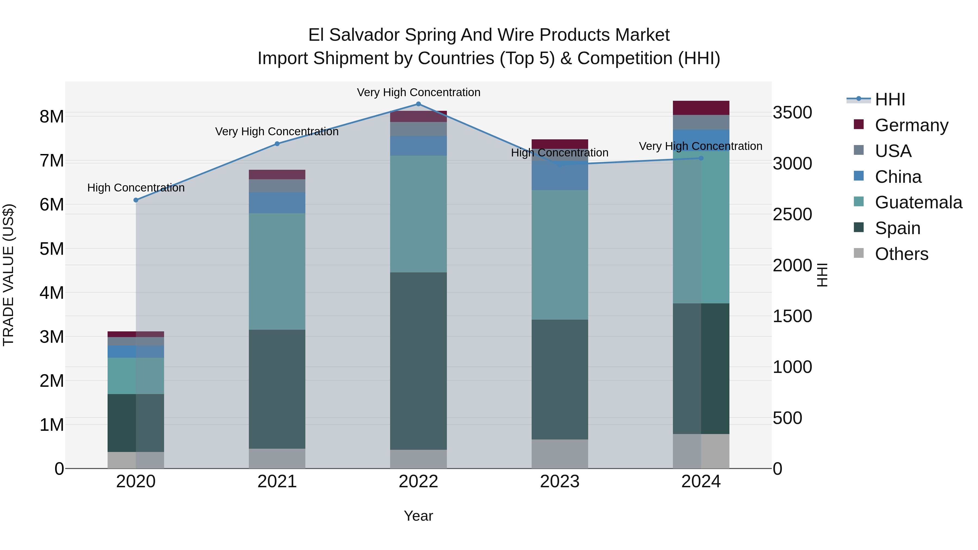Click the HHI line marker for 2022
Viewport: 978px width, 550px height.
(x=418, y=104)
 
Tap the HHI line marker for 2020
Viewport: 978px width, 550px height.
(x=136, y=200)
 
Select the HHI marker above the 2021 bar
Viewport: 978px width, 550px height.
(x=277, y=144)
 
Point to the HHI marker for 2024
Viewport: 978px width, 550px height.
(x=701, y=158)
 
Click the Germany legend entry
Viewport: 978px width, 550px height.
(x=911, y=125)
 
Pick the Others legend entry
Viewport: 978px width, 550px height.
(x=901, y=254)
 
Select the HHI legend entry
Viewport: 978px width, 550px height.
(x=889, y=99)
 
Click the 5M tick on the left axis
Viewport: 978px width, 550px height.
(x=52, y=249)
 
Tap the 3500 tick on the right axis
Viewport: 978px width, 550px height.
(x=792, y=113)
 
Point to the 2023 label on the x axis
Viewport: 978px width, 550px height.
(x=560, y=482)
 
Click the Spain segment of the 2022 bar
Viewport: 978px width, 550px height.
(x=418, y=361)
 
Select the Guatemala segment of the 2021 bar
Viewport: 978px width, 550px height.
(x=277, y=271)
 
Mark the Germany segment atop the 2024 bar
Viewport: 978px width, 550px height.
(x=701, y=108)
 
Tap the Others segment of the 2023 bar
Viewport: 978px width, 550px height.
(x=560, y=454)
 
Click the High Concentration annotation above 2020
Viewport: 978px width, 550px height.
(x=136, y=188)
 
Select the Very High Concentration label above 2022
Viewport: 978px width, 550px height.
(x=418, y=93)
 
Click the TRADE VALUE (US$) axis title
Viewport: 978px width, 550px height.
(x=8, y=275)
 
